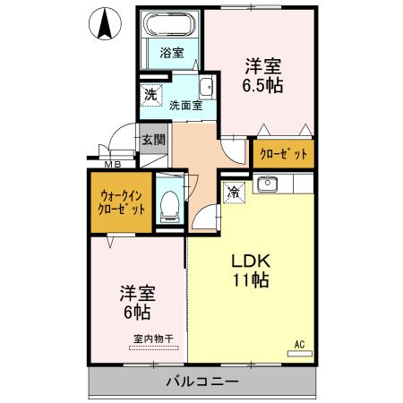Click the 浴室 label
click(172, 53)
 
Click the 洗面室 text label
click(185, 106)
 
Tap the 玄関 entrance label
click(153, 140)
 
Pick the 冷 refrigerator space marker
click(233, 191)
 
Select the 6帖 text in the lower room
click(136, 312)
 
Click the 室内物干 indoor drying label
click(153, 339)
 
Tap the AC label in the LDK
click(300, 343)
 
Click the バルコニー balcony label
click(201, 382)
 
